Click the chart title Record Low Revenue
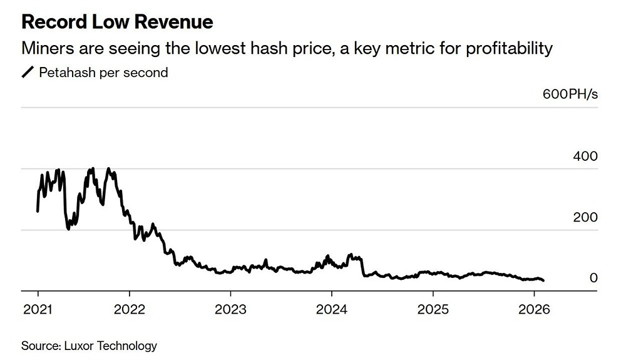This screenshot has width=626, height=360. coord(117,23)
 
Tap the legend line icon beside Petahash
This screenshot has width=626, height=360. coord(28,73)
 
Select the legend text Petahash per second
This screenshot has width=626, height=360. coord(103,73)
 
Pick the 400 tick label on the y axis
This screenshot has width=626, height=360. coord(585,157)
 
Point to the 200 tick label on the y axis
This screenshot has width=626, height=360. coord(585,217)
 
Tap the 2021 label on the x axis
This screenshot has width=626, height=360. coord(37,309)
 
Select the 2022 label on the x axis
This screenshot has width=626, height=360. coord(129,309)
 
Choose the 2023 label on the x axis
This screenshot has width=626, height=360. coord(230,309)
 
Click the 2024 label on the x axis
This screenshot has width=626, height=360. coord(331,309)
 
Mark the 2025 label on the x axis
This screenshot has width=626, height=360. coord(433,309)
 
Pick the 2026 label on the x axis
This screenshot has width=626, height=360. coord(534,309)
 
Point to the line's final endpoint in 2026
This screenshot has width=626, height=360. coord(543,280)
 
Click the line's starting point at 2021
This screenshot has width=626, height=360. coord(38,211)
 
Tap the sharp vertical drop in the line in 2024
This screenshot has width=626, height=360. coord(363,266)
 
